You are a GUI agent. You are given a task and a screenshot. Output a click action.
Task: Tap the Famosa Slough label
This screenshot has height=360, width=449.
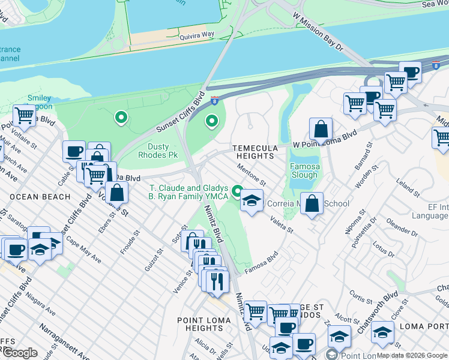[x=304, y=171]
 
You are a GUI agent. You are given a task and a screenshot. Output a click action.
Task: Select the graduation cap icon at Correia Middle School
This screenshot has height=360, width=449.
[x=252, y=201]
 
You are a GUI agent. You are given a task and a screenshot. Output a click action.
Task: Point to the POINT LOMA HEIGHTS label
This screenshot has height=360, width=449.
[x=203, y=324]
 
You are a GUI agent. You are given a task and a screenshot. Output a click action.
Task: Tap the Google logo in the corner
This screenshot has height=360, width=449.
[x=19, y=353]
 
